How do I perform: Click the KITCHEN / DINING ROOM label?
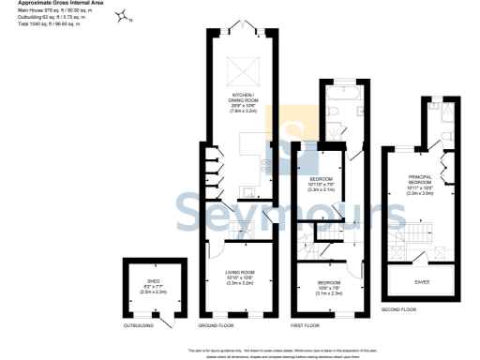click(238, 100)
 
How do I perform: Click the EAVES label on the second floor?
click(422, 279)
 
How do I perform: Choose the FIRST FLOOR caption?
click(305, 325)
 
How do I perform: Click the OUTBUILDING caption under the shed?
click(138, 325)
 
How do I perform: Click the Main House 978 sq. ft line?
click(49, 10)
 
